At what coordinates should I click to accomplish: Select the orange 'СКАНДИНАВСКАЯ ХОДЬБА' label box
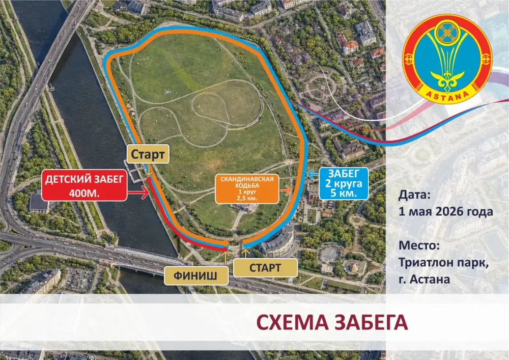[247, 189]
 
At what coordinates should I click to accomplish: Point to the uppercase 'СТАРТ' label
[265, 267]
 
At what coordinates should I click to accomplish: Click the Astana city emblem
[446, 58]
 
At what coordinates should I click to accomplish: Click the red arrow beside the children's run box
[137, 192]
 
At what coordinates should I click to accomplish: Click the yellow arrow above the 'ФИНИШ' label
[226, 258]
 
